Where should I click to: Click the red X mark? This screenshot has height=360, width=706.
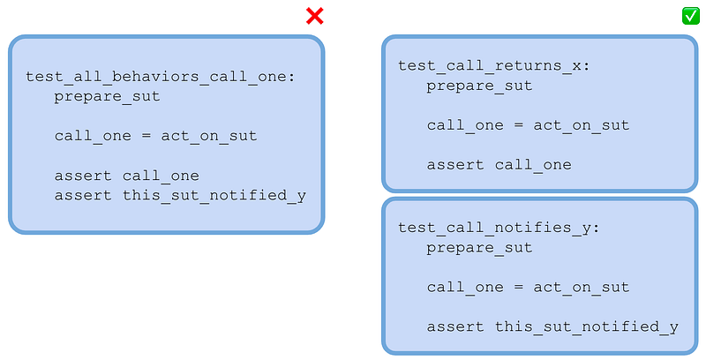tap(315, 16)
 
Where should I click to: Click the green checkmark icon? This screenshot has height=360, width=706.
tap(691, 16)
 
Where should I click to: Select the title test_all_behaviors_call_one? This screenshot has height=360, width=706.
tap(160, 77)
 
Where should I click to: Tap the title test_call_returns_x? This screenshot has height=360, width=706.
tap(493, 66)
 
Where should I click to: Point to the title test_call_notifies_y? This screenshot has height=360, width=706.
tap(499, 229)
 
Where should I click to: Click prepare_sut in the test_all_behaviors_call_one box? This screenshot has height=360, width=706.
tap(107, 97)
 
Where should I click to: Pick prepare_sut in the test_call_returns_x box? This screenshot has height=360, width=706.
tap(479, 86)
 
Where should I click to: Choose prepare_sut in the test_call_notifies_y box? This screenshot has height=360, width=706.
tap(479, 248)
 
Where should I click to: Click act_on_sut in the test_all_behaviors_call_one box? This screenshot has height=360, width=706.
tap(209, 137)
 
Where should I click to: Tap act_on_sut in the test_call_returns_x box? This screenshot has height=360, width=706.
tap(582, 125)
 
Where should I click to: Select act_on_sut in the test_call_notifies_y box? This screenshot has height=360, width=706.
tap(582, 288)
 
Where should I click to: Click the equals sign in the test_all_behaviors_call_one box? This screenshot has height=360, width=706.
tap(146, 136)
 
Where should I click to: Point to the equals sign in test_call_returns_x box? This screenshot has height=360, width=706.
tap(518, 125)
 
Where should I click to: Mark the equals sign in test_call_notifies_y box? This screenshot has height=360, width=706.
tap(518, 287)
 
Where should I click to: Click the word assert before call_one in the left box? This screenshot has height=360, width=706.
tap(83, 176)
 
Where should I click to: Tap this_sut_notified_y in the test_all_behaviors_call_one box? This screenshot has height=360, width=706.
tap(214, 196)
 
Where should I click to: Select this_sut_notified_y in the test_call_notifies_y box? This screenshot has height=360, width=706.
tap(587, 327)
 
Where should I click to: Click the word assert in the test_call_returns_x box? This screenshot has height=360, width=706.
tap(455, 165)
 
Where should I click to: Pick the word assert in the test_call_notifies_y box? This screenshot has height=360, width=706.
tap(455, 326)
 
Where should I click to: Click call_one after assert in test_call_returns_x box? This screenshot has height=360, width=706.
tap(533, 165)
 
